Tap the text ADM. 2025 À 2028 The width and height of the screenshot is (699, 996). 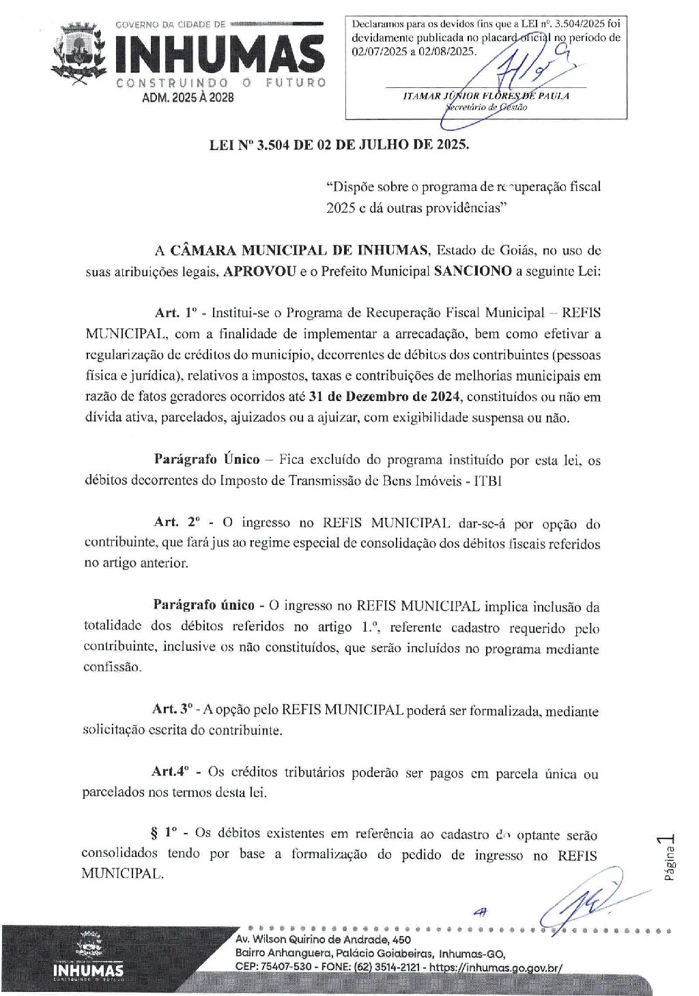[x=187, y=98]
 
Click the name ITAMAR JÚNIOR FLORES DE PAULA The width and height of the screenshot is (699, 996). [x=485, y=96]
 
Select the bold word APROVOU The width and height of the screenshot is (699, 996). [x=260, y=271]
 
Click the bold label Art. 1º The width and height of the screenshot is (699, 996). [x=176, y=313]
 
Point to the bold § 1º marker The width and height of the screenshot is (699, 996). [x=163, y=833]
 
